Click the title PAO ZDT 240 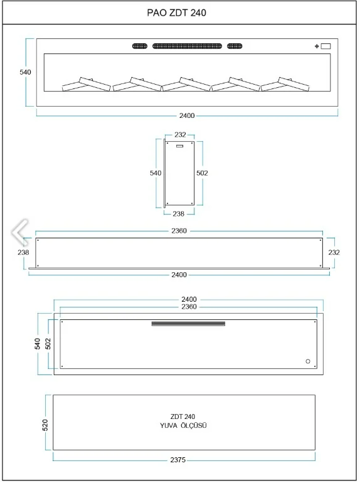click(x=176, y=13)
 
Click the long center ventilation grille click(x=188, y=46)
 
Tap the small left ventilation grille click(x=140, y=46)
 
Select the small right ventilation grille click(x=235, y=46)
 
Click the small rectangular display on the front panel click(x=326, y=46)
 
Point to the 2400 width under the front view click(x=187, y=115)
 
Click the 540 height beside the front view click(x=25, y=72)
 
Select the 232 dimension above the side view click(x=180, y=135)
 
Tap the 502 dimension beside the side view click(x=202, y=173)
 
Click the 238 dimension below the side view click(x=179, y=214)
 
